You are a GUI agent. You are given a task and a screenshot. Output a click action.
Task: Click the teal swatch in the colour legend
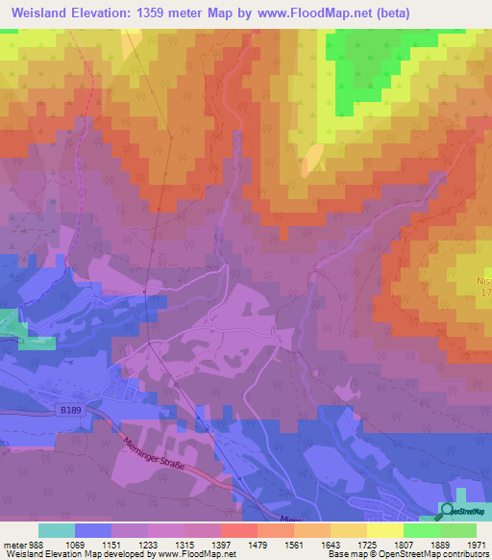[x=57, y=530]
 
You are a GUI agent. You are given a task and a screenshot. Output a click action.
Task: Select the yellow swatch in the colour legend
[x=385, y=530]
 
